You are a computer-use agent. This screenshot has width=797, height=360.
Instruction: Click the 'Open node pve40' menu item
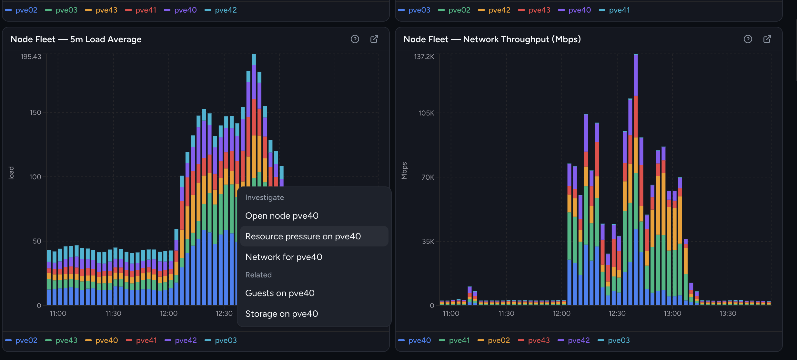(x=282, y=215)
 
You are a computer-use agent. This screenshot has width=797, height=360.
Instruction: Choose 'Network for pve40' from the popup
(x=284, y=257)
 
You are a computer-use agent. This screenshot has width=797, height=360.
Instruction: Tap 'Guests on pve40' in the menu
(x=280, y=293)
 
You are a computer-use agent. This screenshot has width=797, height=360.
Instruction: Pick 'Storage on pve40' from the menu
(x=281, y=314)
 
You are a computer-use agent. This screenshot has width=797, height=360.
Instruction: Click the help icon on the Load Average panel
(x=355, y=39)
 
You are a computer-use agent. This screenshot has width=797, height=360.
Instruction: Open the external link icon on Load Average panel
(x=374, y=39)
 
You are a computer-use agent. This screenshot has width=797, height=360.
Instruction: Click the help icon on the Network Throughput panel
(x=748, y=39)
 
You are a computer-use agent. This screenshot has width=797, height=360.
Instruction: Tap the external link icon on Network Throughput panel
(x=767, y=39)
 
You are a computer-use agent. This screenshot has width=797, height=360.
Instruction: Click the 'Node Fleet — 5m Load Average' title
(x=76, y=39)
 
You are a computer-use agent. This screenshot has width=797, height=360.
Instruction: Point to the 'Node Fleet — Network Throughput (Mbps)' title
(x=492, y=39)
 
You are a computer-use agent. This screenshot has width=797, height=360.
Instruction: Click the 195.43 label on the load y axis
(x=31, y=57)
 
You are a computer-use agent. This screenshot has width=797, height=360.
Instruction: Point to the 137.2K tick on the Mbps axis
(x=424, y=57)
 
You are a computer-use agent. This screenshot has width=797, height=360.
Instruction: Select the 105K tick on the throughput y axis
(x=426, y=113)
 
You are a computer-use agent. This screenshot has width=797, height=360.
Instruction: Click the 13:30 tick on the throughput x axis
(x=728, y=313)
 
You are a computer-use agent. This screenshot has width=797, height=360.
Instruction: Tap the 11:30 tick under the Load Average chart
(x=113, y=313)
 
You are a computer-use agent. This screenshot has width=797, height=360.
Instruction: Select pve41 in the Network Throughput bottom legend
(x=454, y=340)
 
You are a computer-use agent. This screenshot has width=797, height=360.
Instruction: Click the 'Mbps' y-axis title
(x=404, y=171)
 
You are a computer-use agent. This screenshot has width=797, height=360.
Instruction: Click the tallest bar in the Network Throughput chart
(x=636, y=179)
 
